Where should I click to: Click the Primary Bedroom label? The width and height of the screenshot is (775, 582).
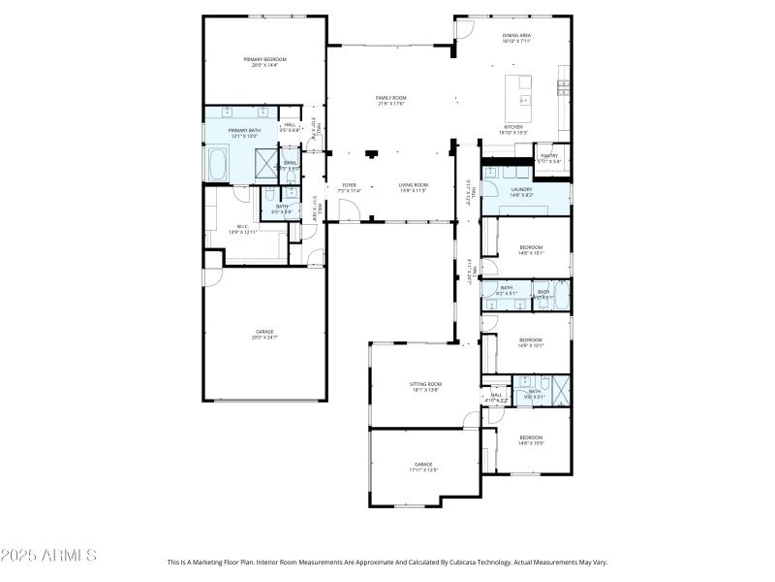point(263,62)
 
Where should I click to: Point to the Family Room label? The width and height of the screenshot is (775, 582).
point(390,101)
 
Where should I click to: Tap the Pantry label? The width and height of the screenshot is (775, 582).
point(549,158)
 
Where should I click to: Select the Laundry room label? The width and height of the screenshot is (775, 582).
point(521,192)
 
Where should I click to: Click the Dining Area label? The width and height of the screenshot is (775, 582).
point(516,38)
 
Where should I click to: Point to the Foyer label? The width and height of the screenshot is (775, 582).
point(348,187)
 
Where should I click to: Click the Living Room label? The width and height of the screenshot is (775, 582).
point(414,187)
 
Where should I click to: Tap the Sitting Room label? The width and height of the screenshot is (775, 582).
point(425,387)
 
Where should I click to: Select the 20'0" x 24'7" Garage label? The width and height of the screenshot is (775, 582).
point(263,335)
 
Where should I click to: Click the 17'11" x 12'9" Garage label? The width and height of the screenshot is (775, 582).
point(424,467)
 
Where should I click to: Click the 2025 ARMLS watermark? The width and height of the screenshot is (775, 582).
point(48,556)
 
